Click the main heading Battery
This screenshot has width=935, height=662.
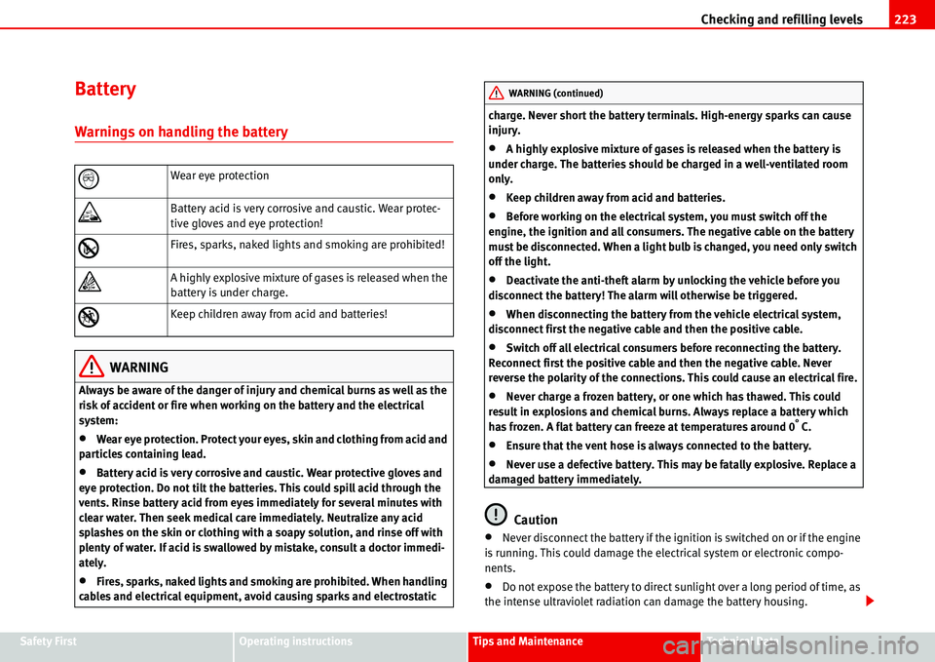pos(105,90)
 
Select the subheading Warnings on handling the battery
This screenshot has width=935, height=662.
pos(181,132)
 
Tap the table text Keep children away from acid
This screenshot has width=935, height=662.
pos(279,314)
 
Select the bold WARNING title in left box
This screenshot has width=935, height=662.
pos(140,368)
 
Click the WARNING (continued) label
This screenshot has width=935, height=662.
pos(555,94)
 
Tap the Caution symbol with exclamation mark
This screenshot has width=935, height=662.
pos(498,513)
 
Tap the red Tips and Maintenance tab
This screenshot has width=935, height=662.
pos(528,642)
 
